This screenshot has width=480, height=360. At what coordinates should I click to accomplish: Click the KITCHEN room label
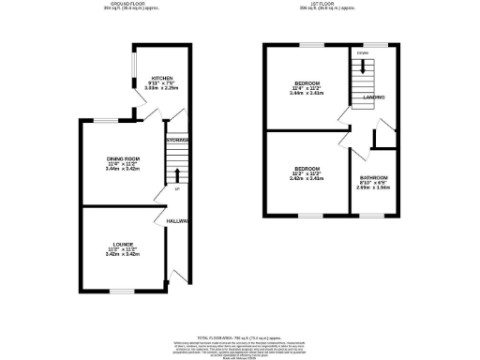pos(160,78)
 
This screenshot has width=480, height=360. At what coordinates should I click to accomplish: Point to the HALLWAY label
pos(178,221)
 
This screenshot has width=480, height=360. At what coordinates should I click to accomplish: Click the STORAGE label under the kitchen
pos(178,140)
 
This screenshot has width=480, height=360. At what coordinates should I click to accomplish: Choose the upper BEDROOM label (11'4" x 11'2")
pos(306,84)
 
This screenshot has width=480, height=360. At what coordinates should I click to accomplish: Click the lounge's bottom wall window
pos(122,292)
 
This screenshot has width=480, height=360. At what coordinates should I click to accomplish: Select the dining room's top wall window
pos(108,120)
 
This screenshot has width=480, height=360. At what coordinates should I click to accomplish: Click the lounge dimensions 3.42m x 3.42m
pos(123,254)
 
